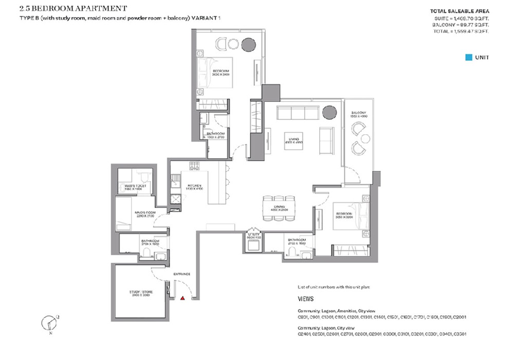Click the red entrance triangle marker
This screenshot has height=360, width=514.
click(x=183, y=298)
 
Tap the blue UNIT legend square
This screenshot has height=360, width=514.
click(x=468, y=58)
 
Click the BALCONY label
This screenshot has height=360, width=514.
click(x=359, y=113)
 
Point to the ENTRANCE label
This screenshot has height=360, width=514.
click(x=181, y=274)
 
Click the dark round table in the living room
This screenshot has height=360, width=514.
click(x=329, y=112)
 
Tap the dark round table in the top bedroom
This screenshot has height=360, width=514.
click(x=248, y=44)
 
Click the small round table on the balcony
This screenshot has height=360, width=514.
click(x=365, y=139)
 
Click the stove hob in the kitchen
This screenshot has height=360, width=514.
click(x=195, y=166)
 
